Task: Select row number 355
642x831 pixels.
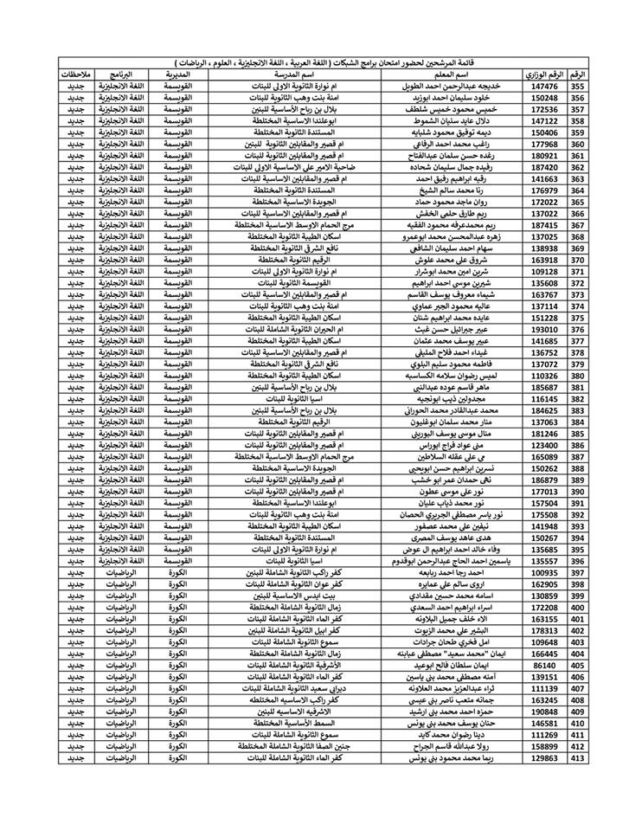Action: coord(577,87)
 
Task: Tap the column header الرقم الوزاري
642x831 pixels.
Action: coord(545,75)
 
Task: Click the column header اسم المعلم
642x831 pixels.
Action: coord(453,75)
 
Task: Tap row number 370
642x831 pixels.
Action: coord(577,259)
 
